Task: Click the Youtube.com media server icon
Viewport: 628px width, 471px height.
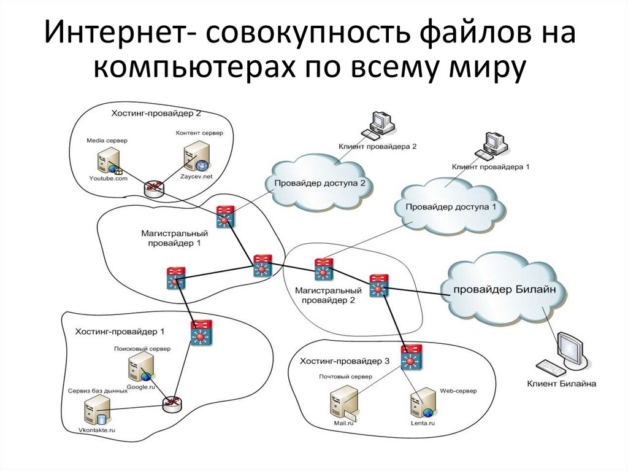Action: tap(105, 160)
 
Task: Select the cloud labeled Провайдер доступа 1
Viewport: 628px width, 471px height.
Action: tap(451, 207)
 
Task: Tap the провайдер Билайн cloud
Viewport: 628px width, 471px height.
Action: tap(504, 289)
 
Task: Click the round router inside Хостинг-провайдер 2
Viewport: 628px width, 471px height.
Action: tap(153, 188)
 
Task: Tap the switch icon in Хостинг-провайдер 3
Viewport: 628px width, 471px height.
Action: tap(411, 356)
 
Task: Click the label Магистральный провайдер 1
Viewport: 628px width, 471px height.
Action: tap(174, 238)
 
